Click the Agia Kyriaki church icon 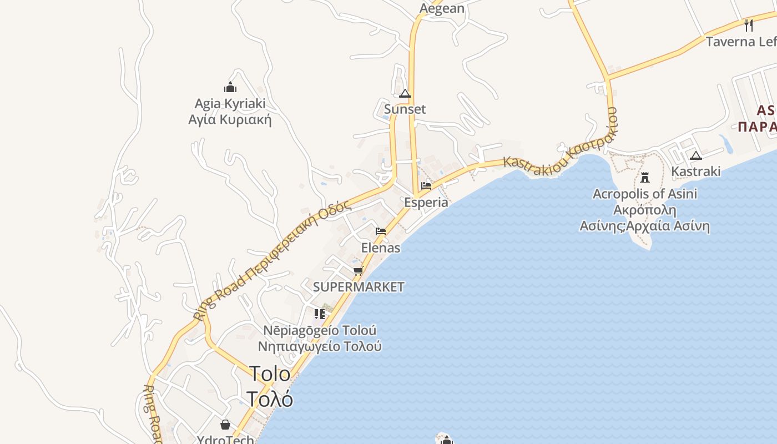[x=230, y=87]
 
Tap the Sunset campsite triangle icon [x=405, y=93]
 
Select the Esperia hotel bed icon [x=426, y=186]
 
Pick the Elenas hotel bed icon [x=381, y=231]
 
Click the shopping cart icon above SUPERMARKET [x=359, y=271]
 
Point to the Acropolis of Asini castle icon [x=645, y=178]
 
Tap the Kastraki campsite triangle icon [x=696, y=155]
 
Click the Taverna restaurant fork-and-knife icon [x=749, y=25]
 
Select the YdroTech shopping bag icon [x=225, y=425]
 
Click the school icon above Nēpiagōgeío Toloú [x=320, y=314]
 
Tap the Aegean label [x=442, y=8]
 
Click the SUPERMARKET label [x=359, y=287]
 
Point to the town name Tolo [x=270, y=374]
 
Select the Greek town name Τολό [x=270, y=398]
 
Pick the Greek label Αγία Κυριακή [x=230, y=119]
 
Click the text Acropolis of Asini [x=645, y=194]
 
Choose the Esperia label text [x=426, y=202]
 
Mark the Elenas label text [x=381, y=248]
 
